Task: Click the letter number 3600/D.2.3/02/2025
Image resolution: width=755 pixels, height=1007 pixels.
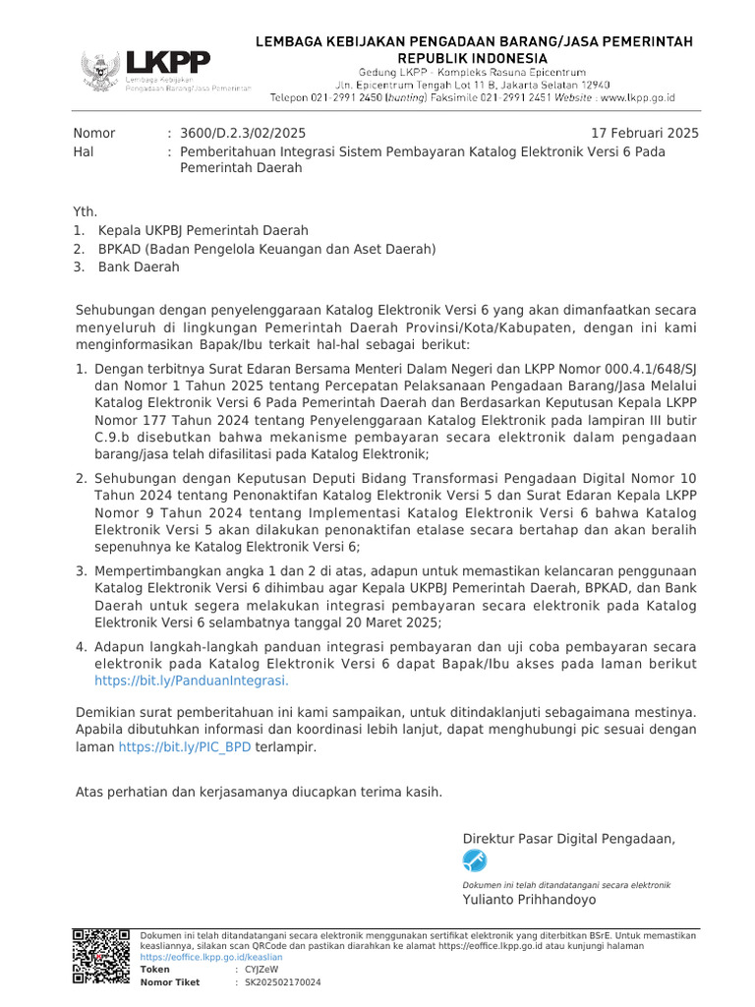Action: (244, 133)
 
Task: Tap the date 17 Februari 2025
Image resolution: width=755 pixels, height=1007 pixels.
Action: (644, 133)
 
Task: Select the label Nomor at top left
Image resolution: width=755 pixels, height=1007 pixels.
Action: (94, 133)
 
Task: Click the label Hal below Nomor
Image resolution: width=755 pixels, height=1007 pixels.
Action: (86, 151)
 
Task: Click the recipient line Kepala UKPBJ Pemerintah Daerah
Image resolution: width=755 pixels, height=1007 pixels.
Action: (203, 230)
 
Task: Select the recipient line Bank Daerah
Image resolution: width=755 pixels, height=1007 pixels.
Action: (139, 267)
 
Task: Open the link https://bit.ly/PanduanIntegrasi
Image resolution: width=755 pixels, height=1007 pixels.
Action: (192, 680)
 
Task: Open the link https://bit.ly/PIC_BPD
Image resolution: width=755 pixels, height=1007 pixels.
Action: (185, 747)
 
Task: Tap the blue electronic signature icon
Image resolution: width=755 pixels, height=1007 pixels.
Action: (475, 861)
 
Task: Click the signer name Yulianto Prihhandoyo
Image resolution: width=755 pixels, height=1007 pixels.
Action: (529, 899)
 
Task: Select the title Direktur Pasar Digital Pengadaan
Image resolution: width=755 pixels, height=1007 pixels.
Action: (569, 838)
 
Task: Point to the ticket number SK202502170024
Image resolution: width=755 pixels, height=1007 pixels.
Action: (282, 982)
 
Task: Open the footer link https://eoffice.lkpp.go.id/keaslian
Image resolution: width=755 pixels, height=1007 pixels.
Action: (211, 957)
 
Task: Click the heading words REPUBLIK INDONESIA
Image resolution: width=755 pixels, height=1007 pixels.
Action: (474, 59)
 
